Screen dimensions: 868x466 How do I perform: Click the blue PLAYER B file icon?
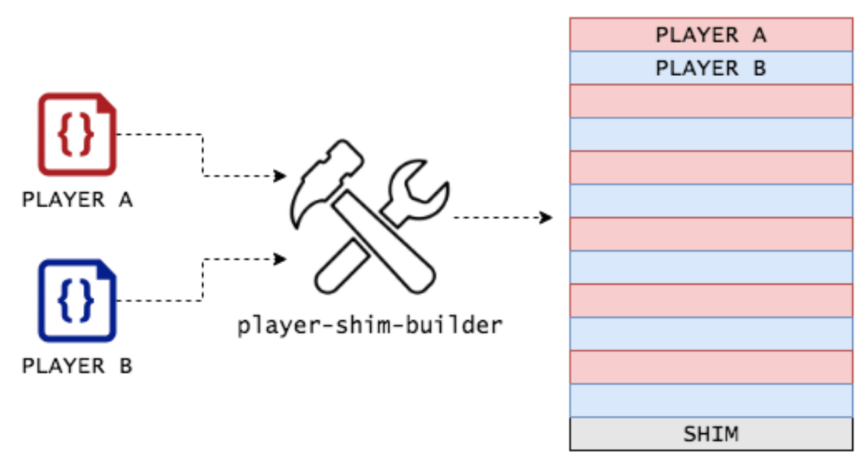(x=41, y=301)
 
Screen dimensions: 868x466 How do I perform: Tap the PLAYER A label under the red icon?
(x=77, y=200)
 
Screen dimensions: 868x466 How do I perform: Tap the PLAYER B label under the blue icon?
(x=77, y=366)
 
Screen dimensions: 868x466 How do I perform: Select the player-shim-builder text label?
(x=370, y=326)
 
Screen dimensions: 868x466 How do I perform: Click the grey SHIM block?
(x=711, y=433)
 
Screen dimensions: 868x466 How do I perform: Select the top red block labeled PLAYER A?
(x=711, y=35)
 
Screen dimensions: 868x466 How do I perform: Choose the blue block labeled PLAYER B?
(x=711, y=68)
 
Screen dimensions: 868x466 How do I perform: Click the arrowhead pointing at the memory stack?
(x=546, y=217)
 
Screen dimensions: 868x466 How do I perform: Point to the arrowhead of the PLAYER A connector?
(x=280, y=176)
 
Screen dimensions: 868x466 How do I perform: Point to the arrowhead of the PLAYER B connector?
(x=280, y=259)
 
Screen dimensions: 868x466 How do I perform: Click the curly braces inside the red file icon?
(x=76, y=135)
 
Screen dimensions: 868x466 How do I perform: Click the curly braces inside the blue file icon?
(x=76, y=301)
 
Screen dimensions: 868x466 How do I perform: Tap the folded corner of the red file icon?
(x=106, y=104)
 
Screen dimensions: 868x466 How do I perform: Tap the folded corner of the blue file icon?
(x=106, y=270)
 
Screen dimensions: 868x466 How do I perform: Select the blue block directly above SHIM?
(x=711, y=400)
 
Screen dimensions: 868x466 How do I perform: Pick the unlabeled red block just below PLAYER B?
(x=711, y=101)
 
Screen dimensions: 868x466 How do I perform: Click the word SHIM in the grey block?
(x=711, y=434)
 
